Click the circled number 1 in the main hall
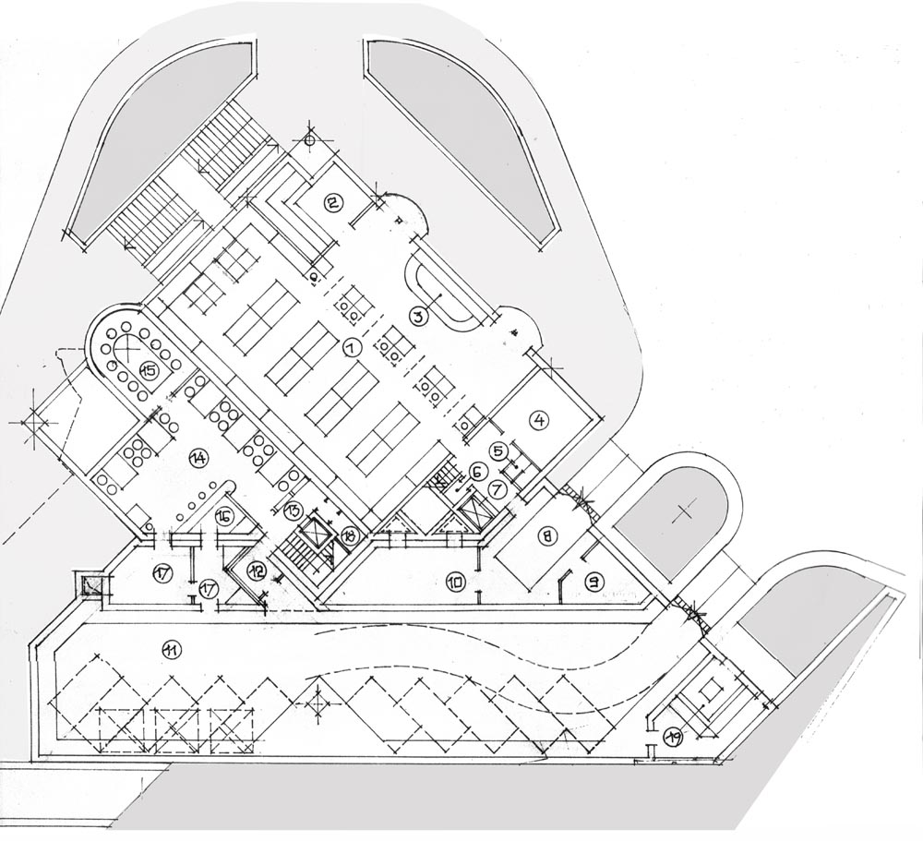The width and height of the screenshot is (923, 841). coord(350,348)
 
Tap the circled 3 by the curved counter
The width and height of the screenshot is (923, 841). coord(417,317)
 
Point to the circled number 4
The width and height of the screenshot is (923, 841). coord(539,419)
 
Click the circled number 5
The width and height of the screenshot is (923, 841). coord(497,451)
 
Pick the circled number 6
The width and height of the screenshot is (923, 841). coord(478,471)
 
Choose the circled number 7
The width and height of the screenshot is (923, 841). coord(495,488)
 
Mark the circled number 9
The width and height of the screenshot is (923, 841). coord(594,582)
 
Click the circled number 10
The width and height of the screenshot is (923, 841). coord(454,582)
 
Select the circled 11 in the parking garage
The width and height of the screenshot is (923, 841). coord(170,650)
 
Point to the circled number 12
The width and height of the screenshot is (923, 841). coord(257,571)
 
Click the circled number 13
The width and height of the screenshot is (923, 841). coord(292,509)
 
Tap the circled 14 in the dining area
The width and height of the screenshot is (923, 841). coord(197,456)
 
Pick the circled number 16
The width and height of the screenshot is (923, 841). coord(224,517)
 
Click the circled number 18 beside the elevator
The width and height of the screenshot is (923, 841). coord(348,535)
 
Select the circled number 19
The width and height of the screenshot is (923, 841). coord(673,736)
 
